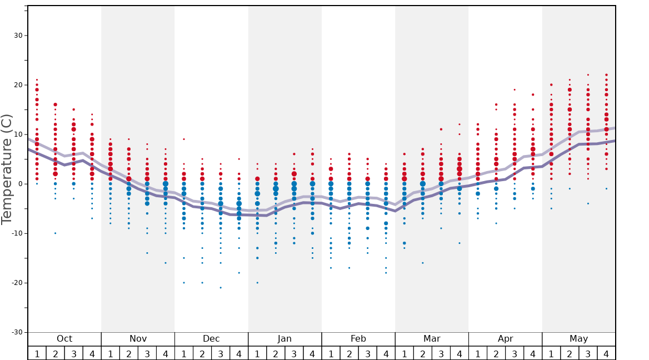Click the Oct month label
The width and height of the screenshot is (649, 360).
64,339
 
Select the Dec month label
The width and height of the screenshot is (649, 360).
211,339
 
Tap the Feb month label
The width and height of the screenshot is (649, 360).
358,339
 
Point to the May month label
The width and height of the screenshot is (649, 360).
578,339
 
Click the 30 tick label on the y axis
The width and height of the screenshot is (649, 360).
18,36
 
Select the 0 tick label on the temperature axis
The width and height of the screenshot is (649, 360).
20,184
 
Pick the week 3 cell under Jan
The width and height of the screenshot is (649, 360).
294,353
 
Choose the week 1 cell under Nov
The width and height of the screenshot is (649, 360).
111,353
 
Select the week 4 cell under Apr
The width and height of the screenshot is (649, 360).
533,353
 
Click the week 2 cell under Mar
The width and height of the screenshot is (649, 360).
423,353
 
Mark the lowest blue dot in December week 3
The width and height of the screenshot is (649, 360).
221,287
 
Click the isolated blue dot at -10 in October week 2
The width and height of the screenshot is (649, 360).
55,233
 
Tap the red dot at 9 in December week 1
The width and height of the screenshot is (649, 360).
184,139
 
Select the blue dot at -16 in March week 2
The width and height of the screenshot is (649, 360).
423,263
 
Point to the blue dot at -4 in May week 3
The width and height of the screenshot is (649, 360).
588,203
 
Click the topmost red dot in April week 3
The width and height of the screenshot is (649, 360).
515,89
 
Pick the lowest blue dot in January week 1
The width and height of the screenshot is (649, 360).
257,283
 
